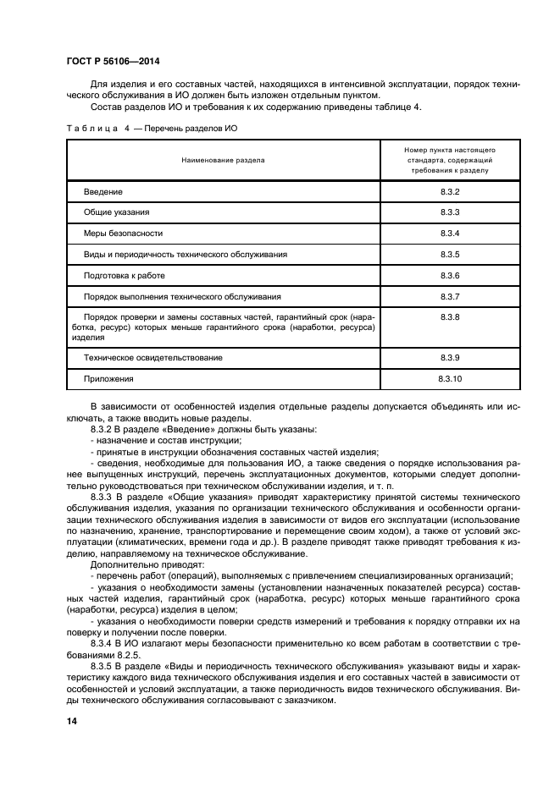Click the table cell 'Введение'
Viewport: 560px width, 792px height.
pos(103,192)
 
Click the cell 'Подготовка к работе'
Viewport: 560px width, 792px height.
pos(124,276)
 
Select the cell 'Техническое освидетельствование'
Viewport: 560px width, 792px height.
pos(152,358)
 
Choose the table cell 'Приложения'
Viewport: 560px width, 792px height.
pos(108,379)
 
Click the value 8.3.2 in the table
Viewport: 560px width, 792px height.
pos(449,192)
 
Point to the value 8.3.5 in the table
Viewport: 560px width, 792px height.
pos(449,254)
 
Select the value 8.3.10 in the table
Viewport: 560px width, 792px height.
pos(449,379)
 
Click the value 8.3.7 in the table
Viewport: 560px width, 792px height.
pos(449,297)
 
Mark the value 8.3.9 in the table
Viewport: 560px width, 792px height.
pos(449,358)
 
